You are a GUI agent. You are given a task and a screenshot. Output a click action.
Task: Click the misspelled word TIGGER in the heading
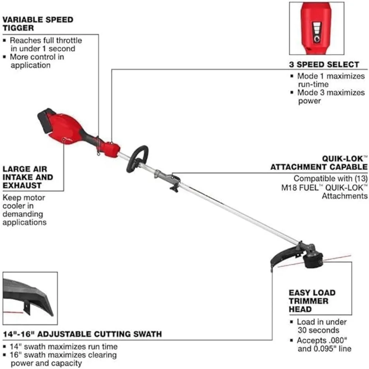click(x=18, y=28)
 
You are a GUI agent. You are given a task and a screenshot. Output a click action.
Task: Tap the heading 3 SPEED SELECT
click(x=324, y=65)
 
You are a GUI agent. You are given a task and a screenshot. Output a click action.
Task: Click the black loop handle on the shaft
click(x=137, y=159)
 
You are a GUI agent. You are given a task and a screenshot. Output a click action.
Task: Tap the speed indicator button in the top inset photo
click(x=317, y=39)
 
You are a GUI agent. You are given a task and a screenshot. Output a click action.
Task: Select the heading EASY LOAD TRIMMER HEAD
click(x=312, y=301)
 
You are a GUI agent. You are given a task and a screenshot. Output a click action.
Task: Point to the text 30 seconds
click(x=318, y=330)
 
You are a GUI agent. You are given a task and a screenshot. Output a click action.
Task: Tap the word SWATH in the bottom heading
click(x=148, y=334)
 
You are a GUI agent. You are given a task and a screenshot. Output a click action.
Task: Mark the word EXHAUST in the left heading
click(x=22, y=186)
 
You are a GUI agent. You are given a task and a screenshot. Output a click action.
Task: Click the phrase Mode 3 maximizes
click(x=331, y=93)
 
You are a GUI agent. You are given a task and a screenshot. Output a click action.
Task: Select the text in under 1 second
click(x=43, y=49)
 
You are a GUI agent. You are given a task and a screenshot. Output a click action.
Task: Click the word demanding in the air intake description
click(x=23, y=214)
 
